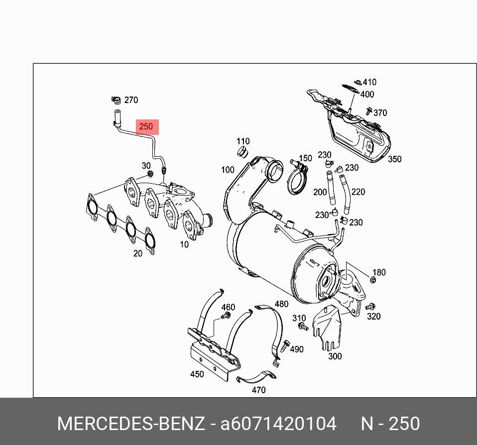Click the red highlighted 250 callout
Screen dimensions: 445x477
[146, 126]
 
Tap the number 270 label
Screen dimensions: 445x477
[130, 100]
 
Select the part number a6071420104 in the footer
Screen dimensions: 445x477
[278, 424]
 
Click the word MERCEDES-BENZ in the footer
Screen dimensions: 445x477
[130, 424]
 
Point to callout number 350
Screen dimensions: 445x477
[394, 159]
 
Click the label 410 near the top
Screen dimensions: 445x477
[369, 82]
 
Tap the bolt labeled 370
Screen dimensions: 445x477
[369, 111]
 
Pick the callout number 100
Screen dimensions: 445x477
[228, 170]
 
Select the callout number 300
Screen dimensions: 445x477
[335, 356]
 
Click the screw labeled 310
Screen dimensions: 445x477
[302, 327]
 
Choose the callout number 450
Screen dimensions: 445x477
[197, 374]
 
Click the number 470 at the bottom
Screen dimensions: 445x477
[258, 390]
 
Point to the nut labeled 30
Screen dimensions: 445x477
[150, 174]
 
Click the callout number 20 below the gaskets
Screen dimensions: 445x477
[137, 253]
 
